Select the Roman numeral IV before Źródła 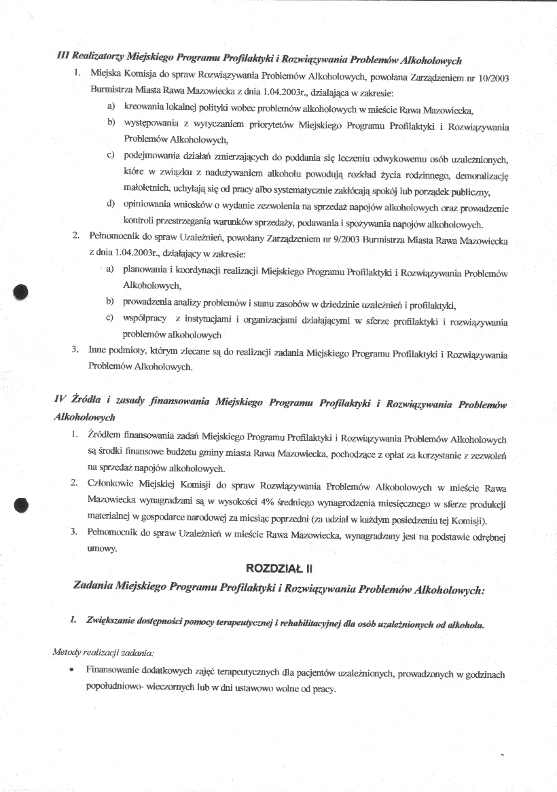[59, 401]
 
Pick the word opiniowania [145, 205]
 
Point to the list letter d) [109, 204]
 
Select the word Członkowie [111, 488]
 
